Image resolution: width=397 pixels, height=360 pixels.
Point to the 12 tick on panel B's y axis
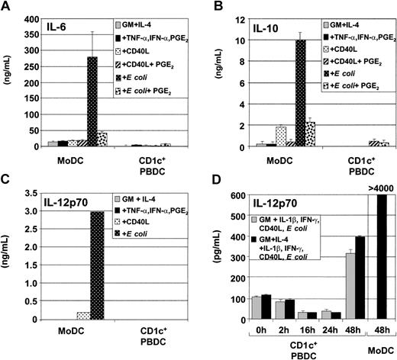point(240,16)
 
